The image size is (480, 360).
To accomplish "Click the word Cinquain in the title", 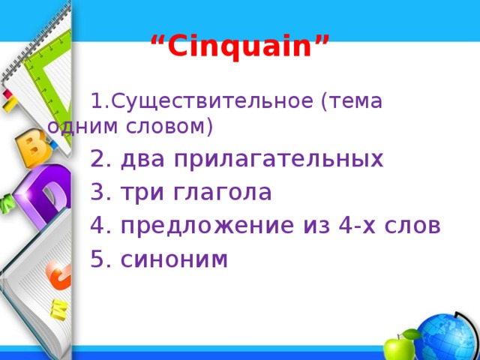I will (x=239, y=48).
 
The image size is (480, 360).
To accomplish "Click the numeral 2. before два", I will (x=100, y=159).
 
